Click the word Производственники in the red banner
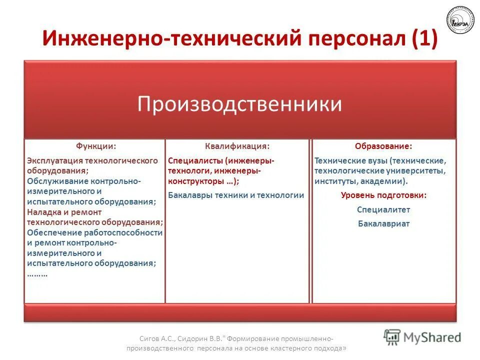click(x=240, y=104)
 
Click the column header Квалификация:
click(x=237, y=146)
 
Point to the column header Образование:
click(x=384, y=146)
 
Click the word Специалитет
click(x=383, y=209)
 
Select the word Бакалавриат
click(x=383, y=223)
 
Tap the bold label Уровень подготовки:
click(x=383, y=195)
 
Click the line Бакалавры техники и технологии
click(x=236, y=195)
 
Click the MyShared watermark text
click(x=432, y=337)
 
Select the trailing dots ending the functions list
click(x=37, y=274)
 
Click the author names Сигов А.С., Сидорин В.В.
click(x=170, y=337)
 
